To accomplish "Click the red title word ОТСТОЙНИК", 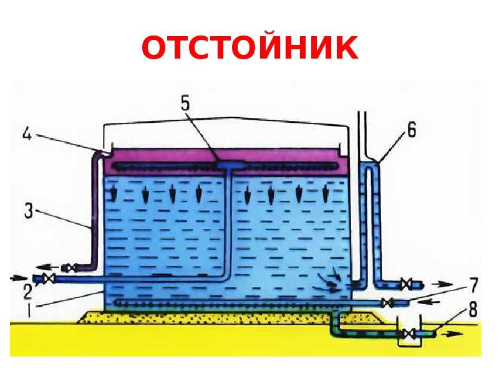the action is [249, 48].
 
